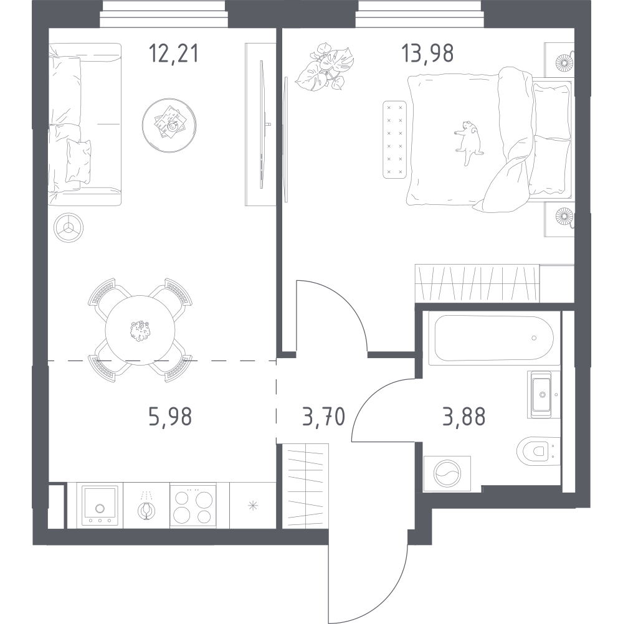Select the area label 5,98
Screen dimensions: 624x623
[170, 417]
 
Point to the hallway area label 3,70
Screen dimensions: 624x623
[323, 417]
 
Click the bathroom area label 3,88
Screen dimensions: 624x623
[464, 417]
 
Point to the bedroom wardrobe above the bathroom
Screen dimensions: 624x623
[477, 283]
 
